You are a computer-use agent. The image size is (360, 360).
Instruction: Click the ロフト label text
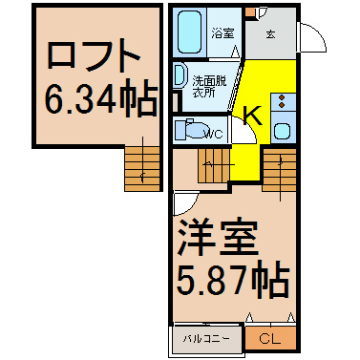(94, 56)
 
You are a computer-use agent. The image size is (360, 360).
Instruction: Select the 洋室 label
(217, 238)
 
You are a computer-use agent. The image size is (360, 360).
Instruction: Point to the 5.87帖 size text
(233, 279)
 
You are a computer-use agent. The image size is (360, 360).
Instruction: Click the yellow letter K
(253, 116)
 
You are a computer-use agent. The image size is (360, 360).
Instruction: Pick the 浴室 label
(223, 33)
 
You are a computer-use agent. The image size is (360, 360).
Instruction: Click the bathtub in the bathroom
(189, 32)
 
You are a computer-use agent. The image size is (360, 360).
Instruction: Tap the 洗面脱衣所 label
(209, 86)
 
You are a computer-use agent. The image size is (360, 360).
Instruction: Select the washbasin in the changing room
(180, 74)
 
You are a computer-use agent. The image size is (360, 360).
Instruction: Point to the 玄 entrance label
(270, 33)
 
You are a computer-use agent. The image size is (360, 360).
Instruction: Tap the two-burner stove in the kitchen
(282, 101)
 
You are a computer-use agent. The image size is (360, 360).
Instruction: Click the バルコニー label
(206, 339)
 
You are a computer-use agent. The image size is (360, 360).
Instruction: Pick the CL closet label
(270, 339)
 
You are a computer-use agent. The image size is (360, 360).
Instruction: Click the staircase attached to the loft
(142, 169)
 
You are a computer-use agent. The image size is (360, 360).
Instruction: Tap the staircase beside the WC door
(214, 165)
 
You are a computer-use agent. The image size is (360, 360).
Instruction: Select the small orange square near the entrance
(251, 11)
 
